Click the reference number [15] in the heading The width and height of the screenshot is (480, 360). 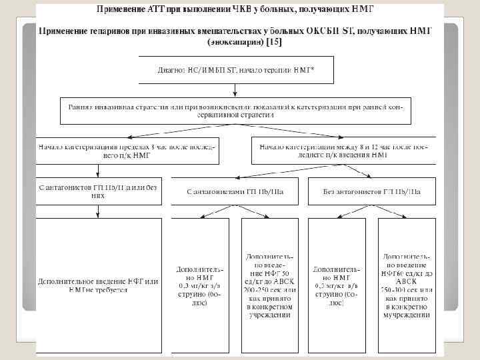click(x=274, y=41)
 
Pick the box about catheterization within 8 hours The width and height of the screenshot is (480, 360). click(x=128, y=150)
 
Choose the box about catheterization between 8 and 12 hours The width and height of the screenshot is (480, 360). click(x=343, y=150)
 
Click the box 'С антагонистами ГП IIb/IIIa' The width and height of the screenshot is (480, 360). click(x=233, y=192)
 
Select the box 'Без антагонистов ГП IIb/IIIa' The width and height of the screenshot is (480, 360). click(x=373, y=192)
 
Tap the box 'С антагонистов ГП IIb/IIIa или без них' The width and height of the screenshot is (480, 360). click(x=99, y=192)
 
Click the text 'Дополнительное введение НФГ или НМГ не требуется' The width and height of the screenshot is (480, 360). click(x=99, y=285)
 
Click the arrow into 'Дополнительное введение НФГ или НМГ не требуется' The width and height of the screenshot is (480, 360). click(x=99, y=211)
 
